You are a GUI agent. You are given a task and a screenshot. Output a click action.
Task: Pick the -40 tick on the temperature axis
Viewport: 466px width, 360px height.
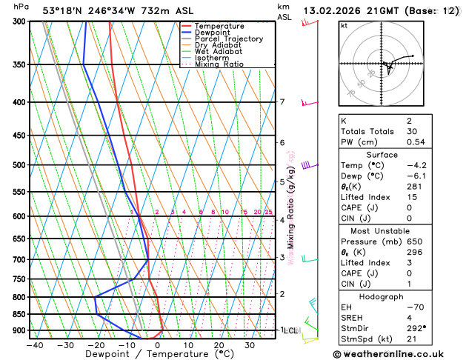click(35, 345)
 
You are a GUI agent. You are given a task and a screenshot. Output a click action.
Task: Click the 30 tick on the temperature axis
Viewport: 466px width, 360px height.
click(250, 345)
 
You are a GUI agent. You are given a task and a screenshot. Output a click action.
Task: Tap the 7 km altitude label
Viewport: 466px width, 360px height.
click(282, 102)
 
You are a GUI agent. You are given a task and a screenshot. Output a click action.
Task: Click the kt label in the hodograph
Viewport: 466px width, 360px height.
click(344, 26)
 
